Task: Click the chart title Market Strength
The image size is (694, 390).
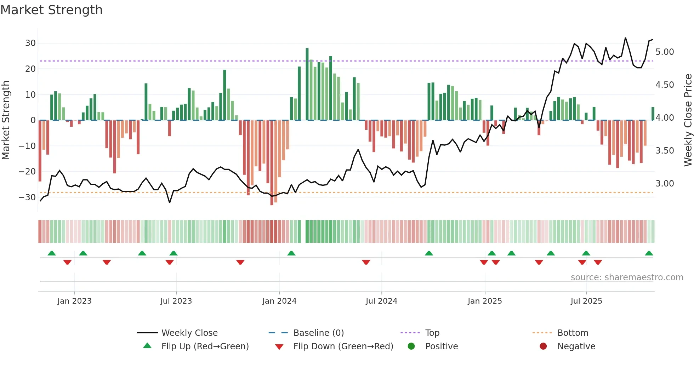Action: click(51, 10)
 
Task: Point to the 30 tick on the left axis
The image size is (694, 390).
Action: click(30, 43)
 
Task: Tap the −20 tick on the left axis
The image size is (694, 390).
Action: click(28, 172)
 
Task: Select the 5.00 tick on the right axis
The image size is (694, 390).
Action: click(665, 52)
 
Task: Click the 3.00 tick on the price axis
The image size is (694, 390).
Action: click(665, 184)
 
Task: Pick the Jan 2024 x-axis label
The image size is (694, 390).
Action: click(279, 301)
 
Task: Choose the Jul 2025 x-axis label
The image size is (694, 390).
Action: click(586, 301)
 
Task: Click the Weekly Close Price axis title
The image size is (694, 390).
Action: click(688, 120)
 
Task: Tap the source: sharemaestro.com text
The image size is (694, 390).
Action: click(627, 277)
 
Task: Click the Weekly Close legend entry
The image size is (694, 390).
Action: click(189, 333)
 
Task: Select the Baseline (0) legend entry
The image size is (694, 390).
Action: click(318, 333)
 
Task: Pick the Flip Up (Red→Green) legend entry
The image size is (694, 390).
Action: click(205, 346)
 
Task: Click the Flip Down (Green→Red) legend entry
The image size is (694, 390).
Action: click(343, 346)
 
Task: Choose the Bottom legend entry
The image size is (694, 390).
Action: click(573, 333)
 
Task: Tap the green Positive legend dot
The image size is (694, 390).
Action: click(411, 346)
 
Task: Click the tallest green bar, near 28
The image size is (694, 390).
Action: click(307, 84)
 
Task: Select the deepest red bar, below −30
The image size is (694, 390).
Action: click(272, 163)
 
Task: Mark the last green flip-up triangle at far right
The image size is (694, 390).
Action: click(649, 253)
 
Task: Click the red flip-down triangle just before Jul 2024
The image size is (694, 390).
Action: click(366, 262)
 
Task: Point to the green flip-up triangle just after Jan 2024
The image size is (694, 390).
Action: click(291, 253)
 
